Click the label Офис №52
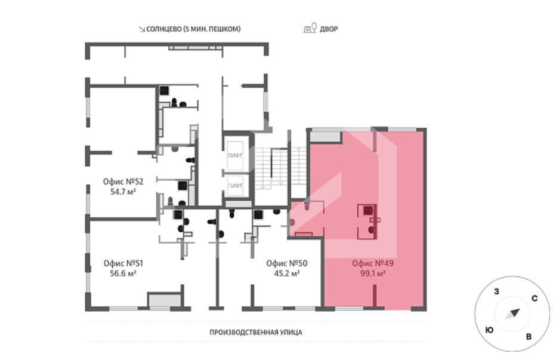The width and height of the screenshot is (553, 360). tap(123, 181)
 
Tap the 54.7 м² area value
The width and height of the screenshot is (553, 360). tap(123, 192)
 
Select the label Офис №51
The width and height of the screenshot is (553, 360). tap(123, 263)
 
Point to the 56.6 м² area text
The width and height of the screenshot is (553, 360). tap(123, 273)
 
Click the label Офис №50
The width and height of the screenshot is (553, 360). tap(287, 263)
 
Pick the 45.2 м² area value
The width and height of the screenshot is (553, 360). tap(287, 273)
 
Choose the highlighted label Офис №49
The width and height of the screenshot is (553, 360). tap(373, 263)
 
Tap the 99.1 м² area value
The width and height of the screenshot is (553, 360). tap(373, 273)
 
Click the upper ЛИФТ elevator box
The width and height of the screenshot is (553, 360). tap(235, 155)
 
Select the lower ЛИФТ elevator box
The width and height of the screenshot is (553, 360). tap(235, 186)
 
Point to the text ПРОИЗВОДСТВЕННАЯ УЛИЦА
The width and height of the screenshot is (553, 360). tap(256, 332)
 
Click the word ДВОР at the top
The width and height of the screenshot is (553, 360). tap(329, 29)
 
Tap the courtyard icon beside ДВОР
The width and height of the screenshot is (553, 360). tap(310, 28)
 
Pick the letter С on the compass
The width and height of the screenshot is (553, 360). tap(535, 299)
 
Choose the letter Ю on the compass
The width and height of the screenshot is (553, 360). tap(489, 330)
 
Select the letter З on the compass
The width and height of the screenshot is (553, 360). tap(496, 291)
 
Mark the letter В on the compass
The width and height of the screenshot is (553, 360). tap(529, 337)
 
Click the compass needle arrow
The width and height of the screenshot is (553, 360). tap(512, 314)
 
